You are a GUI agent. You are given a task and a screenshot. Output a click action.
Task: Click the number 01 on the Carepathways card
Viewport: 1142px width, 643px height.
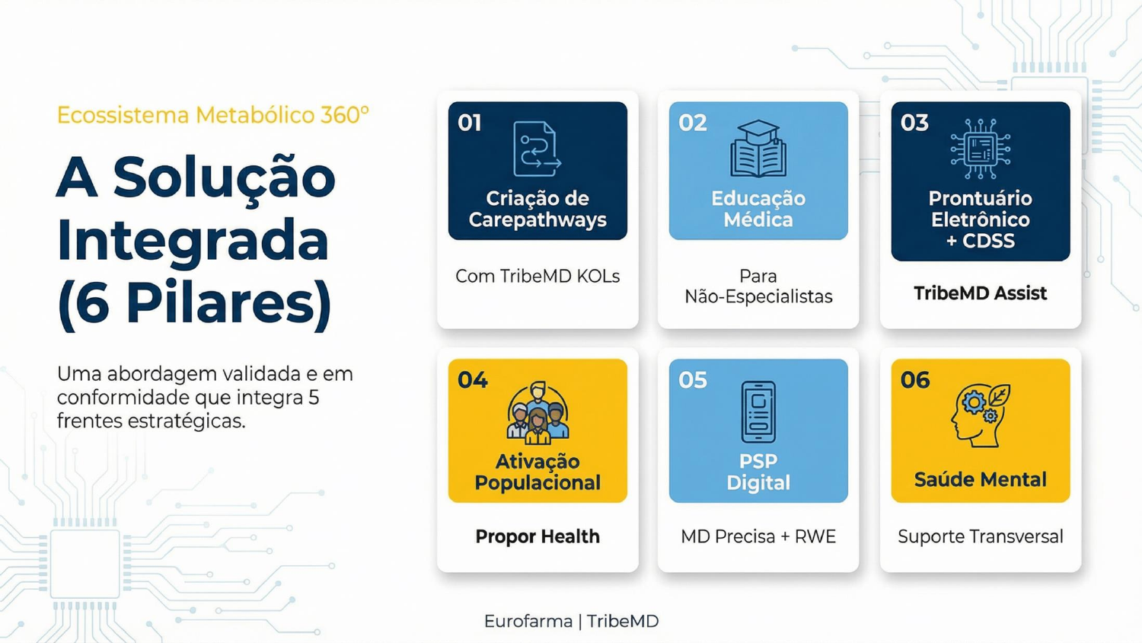[470, 123]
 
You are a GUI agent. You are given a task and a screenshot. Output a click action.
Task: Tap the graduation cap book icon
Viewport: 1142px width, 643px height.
[758, 149]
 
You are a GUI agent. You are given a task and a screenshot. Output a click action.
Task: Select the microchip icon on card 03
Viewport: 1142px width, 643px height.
[981, 149]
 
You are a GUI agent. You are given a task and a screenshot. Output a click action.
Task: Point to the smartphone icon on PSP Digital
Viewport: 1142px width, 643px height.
[758, 411]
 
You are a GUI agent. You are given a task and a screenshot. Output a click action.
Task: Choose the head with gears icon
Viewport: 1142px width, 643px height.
[980, 414]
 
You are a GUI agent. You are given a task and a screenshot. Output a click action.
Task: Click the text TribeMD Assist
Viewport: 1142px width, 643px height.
[980, 293]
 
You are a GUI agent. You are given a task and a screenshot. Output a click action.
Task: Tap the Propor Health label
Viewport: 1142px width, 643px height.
[538, 536]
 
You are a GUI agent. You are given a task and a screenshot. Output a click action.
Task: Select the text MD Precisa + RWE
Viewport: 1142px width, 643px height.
[758, 536]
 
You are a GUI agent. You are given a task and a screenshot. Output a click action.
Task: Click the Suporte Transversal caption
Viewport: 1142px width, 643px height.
[980, 536]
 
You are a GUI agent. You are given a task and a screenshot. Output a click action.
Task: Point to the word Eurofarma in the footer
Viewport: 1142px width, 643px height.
[528, 621]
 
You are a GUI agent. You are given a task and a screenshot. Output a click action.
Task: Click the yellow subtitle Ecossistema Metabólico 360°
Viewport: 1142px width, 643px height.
[212, 115]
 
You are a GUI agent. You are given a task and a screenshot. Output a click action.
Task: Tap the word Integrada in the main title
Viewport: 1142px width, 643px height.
[193, 240]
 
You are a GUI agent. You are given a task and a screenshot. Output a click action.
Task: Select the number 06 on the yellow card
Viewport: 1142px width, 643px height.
[915, 379]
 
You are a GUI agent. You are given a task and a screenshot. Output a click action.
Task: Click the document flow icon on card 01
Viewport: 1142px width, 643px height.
[537, 149]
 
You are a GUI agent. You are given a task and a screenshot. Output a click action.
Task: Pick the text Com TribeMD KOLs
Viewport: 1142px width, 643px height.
[538, 276]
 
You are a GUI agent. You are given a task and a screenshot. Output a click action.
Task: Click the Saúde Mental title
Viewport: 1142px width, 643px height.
[980, 479]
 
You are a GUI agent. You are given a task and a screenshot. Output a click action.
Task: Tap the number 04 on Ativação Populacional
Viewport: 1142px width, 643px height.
[472, 379]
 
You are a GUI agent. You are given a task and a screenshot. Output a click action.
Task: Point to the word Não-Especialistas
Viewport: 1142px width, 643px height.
[758, 296]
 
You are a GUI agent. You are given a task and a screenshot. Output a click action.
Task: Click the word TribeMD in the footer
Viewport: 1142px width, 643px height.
[623, 621]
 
